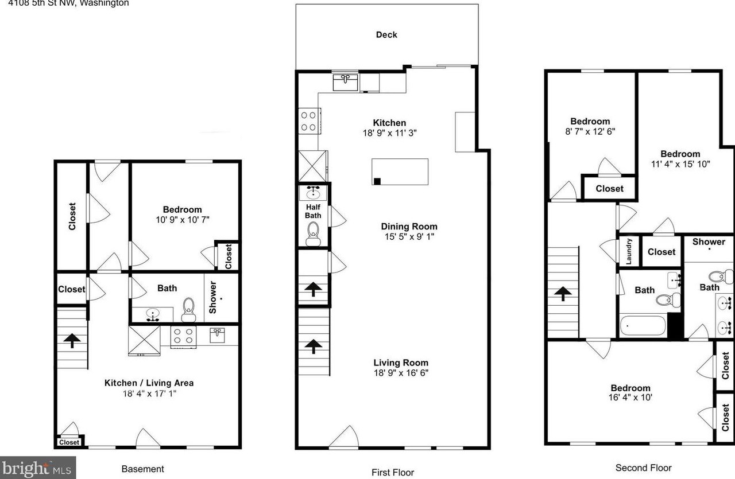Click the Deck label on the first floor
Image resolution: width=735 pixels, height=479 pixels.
(386, 35)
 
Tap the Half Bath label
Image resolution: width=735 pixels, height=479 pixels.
(313, 212)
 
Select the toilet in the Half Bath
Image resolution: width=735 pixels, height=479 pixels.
(314, 233)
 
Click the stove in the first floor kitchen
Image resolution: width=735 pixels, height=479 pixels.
(309, 121)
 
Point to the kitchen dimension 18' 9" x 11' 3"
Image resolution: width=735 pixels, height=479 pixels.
(389, 133)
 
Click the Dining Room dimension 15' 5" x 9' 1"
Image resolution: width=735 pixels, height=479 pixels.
(409, 237)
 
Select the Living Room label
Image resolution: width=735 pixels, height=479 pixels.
(401, 363)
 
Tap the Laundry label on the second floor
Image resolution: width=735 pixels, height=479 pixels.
(629, 251)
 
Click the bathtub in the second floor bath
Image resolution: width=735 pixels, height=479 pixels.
(643, 326)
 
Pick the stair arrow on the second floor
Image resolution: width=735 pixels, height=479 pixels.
(563, 294)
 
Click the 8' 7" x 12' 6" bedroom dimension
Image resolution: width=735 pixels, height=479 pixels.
(590, 131)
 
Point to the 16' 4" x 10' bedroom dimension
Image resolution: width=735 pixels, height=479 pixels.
(630, 398)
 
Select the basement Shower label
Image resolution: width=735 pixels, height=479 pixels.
(212, 297)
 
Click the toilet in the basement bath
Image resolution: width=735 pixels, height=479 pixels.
(188, 310)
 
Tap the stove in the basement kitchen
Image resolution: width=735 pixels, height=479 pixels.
(183, 337)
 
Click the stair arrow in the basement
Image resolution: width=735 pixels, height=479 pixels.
(72, 341)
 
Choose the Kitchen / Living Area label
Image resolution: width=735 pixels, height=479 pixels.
(149, 383)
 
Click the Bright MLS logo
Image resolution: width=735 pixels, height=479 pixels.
(38, 468)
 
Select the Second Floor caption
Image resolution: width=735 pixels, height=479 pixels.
(643, 468)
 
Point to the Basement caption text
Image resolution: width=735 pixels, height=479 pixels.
(143, 469)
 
